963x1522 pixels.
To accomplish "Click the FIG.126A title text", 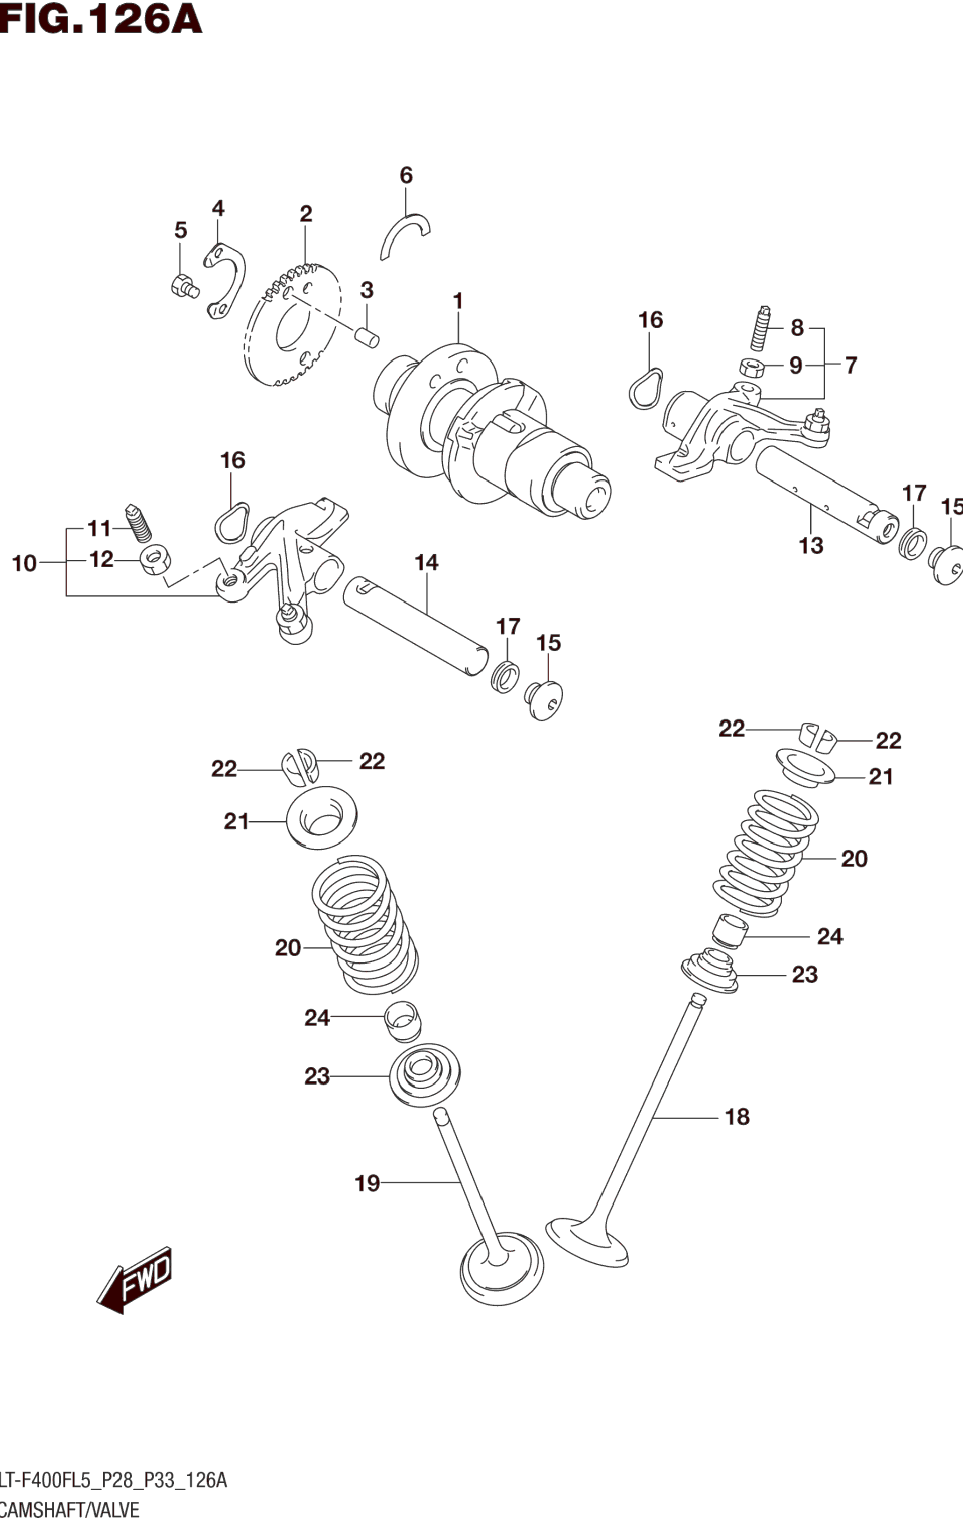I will coord(101,19).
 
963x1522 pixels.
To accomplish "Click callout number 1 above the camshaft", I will coord(458,301).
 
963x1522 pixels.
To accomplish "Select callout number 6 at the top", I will coord(406,175).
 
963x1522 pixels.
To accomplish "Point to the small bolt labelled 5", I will coord(184,286).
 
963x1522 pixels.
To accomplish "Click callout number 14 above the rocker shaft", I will coord(427,562).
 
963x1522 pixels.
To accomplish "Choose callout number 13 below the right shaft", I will coord(811,545).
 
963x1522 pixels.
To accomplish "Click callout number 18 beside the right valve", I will coord(737,1117).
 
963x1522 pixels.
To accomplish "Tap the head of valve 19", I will coord(501,1267).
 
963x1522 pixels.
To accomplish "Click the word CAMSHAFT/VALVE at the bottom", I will coord(70,1510).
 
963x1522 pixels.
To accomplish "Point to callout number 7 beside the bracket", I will coord(851,366).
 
